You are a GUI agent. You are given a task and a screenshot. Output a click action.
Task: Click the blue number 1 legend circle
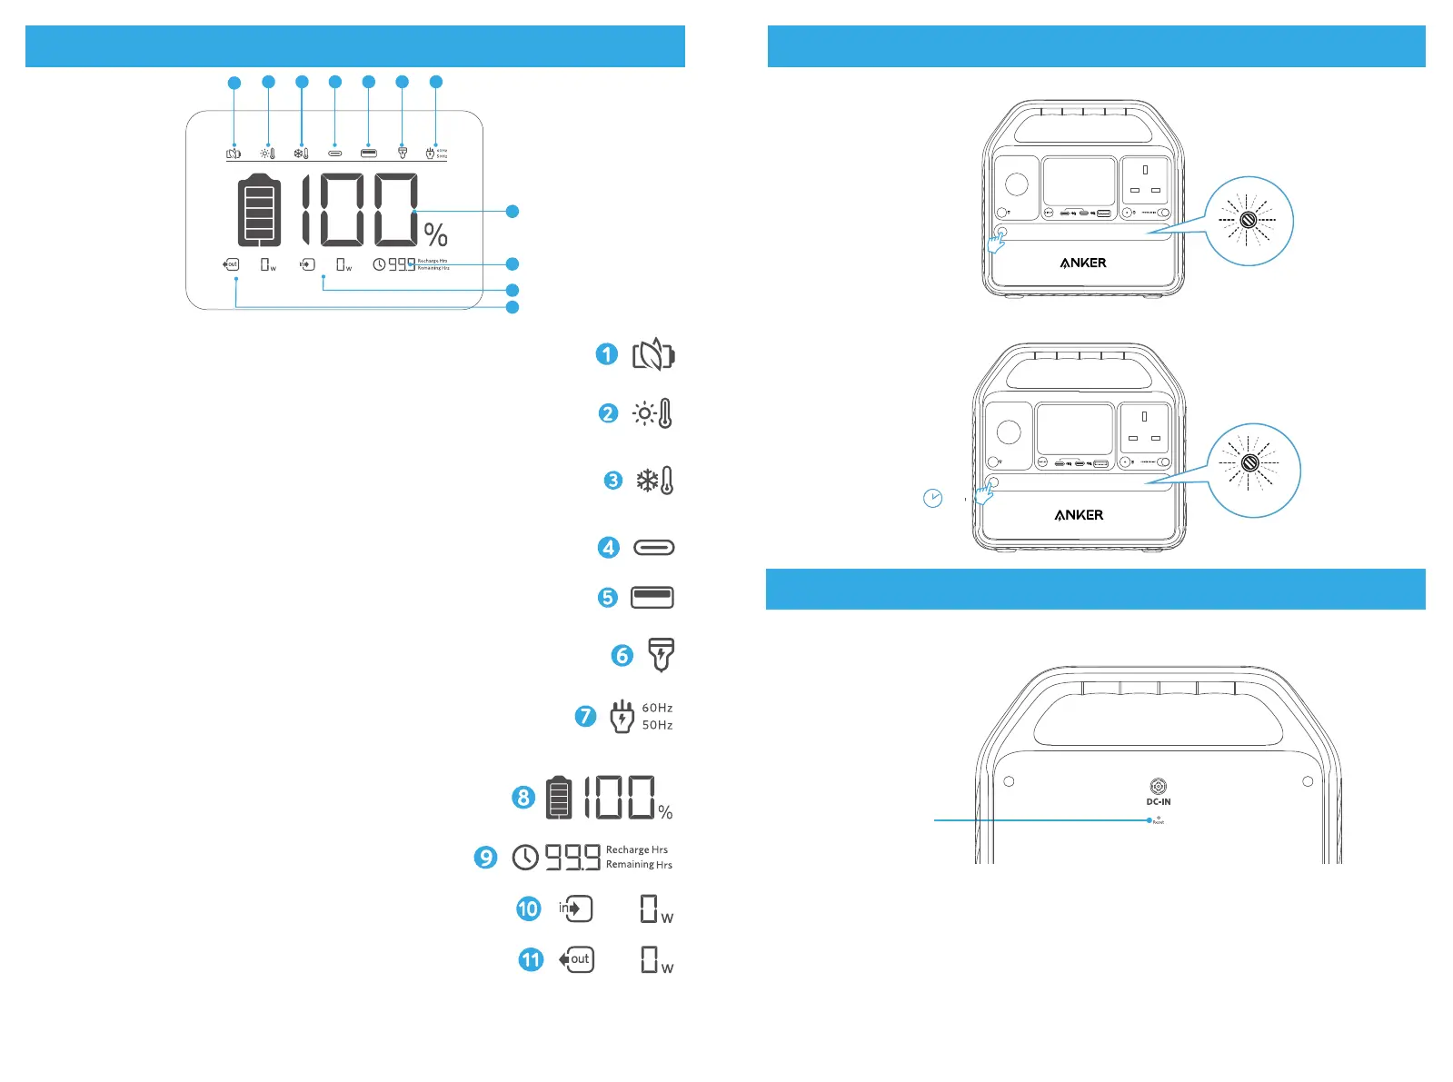point(607,354)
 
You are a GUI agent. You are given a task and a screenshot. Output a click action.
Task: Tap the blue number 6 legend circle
point(622,655)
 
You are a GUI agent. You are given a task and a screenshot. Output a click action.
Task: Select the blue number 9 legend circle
point(486,857)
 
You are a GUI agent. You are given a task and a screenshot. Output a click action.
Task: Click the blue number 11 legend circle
point(531,959)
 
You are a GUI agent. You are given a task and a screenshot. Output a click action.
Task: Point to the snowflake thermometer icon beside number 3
point(655,480)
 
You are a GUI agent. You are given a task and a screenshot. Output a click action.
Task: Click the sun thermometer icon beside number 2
point(653,413)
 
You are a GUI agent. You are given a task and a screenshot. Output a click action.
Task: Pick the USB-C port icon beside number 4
point(653,548)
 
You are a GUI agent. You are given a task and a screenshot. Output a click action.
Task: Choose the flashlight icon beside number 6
point(661,654)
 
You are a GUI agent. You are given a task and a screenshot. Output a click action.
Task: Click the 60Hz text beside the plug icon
point(657,708)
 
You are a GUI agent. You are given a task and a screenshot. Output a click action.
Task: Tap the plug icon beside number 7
point(622,716)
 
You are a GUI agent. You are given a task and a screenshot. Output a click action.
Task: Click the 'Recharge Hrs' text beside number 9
point(637,849)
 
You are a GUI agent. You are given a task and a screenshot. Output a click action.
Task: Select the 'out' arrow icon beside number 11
point(576,959)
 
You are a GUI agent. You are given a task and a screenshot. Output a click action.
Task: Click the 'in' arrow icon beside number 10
point(575,908)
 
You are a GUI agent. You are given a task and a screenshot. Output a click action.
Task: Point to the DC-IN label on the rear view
point(1159,801)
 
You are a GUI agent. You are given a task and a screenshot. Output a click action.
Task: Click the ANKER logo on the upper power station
point(1083,263)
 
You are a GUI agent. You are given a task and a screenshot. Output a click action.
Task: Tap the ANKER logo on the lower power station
point(1079,515)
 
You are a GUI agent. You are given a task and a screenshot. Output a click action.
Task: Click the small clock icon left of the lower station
point(932,498)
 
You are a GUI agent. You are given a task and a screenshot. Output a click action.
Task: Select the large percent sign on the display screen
point(436,235)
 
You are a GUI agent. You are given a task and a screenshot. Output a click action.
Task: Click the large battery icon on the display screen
point(259,210)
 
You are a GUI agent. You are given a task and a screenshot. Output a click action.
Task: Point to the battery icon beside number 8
point(559,798)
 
